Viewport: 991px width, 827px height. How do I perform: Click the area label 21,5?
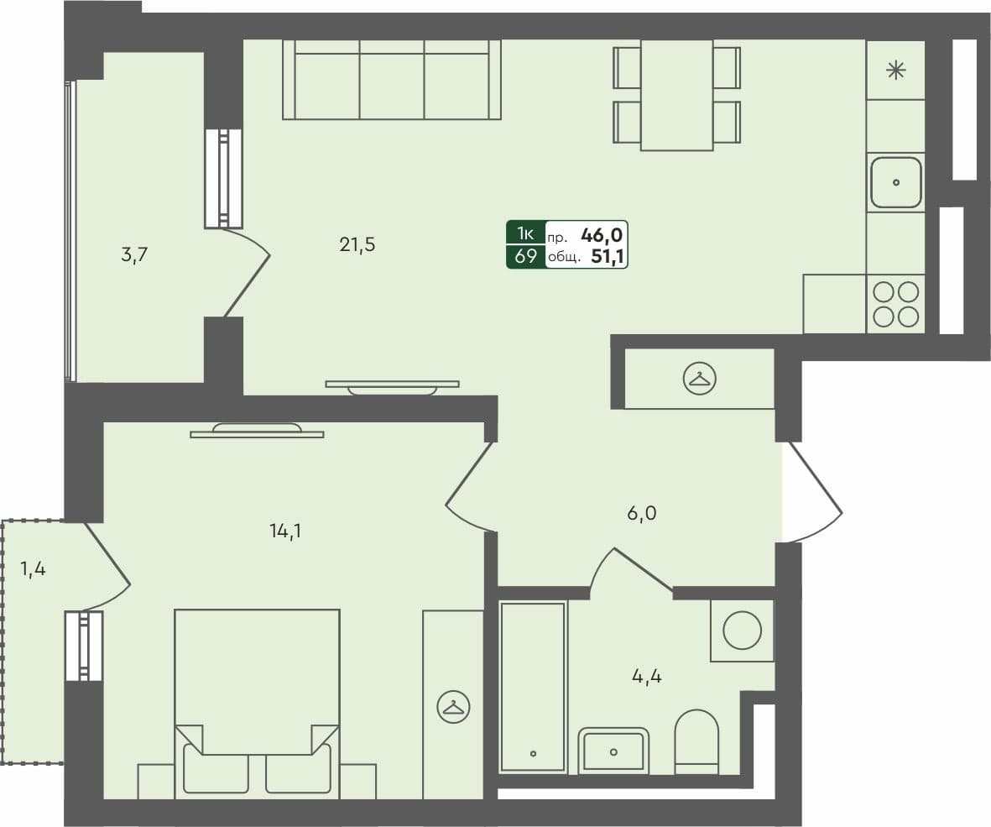coord(357,245)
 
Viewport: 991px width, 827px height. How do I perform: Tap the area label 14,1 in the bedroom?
coord(285,530)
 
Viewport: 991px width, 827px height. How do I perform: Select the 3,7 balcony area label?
coord(134,255)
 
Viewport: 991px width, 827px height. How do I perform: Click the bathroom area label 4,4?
coord(646,675)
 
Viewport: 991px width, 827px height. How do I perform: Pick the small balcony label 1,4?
coord(33,569)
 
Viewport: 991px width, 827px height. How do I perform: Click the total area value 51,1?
coord(609,257)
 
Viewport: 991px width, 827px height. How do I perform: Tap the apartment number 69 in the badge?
coord(525,257)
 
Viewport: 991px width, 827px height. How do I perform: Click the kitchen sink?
coord(895,182)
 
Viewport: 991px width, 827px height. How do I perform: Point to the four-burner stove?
coord(895,304)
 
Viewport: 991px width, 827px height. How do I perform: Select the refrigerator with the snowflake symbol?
coord(895,71)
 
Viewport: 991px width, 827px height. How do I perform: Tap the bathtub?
coord(533,686)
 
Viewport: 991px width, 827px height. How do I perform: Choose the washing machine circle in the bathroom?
coord(742,631)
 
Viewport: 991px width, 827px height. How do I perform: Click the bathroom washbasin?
coord(613,750)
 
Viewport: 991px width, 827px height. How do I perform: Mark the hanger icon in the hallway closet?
coord(699,379)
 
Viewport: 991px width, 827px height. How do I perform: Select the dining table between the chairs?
coord(676,95)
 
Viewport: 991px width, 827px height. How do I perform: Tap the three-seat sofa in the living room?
coord(392,80)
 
